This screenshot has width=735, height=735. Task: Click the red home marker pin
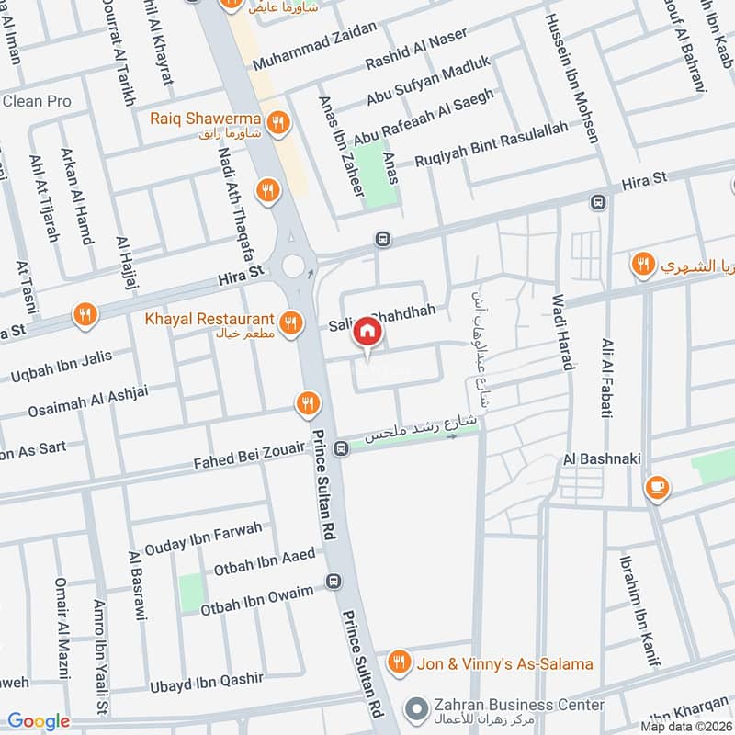click(x=367, y=332)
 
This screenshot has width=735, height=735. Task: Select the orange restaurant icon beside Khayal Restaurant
click(x=290, y=322)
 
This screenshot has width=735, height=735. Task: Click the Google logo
click(x=39, y=721)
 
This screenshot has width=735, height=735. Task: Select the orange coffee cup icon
click(x=657, y=487)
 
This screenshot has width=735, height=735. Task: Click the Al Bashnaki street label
click(x=602, y=458)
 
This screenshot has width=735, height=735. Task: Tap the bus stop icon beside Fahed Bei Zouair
click(x=342, y=448)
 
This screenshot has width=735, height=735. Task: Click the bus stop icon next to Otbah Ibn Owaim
click(x=332, y=582)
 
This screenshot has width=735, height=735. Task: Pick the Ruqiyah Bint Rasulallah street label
click(x=492, y=145)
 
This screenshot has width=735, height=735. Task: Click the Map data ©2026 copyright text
click(x=686, y=726)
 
